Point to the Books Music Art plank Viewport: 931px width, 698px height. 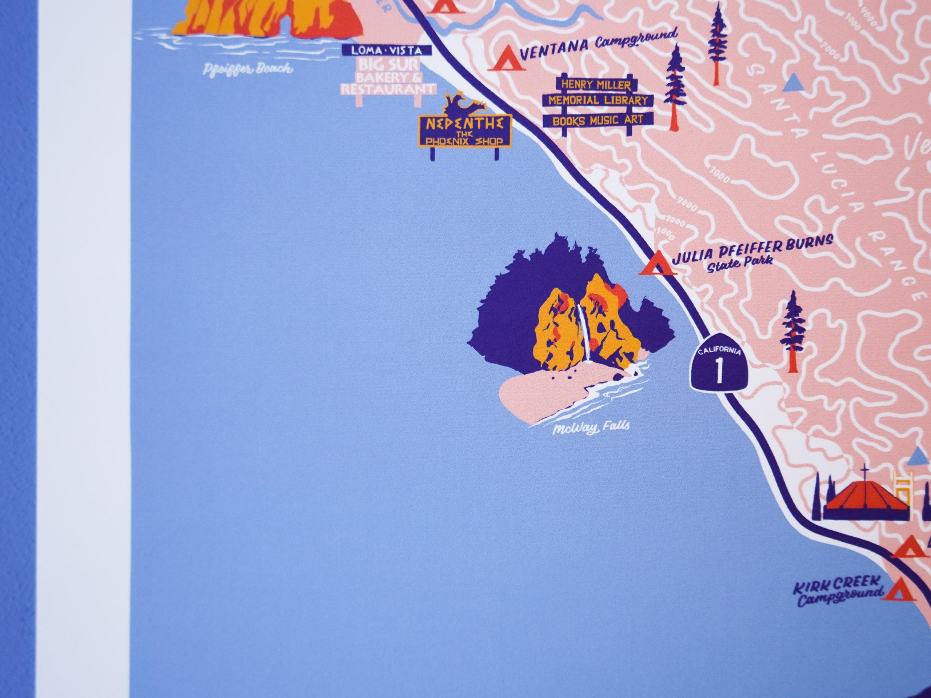(x=597, y=120)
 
